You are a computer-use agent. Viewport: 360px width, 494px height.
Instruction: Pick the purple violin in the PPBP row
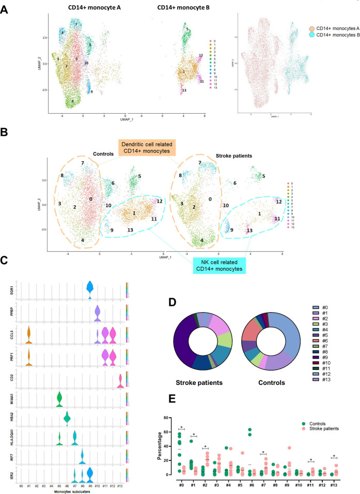point(97,313)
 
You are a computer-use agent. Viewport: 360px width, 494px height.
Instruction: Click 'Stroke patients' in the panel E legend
point(326,417)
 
